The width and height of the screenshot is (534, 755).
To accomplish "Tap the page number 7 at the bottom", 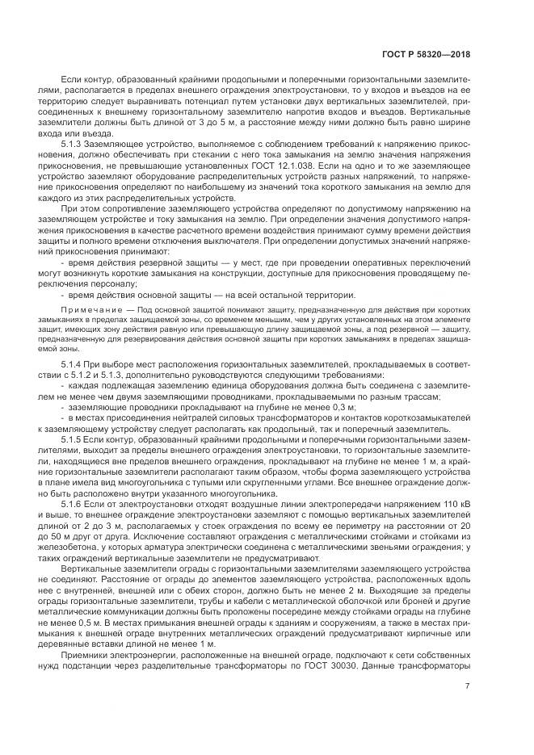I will [468, 688].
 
